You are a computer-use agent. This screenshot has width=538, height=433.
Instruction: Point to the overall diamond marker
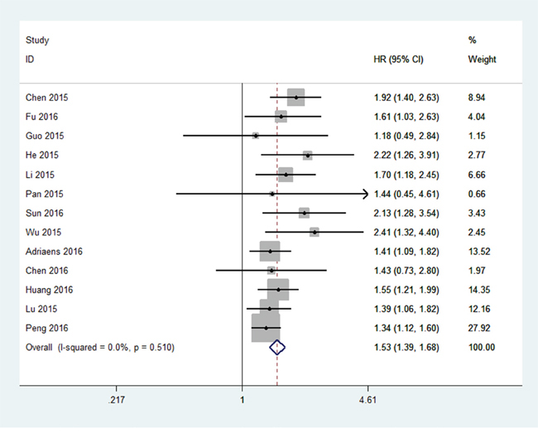pyautogui.click(x=277, y=348)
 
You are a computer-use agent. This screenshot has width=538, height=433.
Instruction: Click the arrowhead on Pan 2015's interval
pyautogui.click(x=364, y=194)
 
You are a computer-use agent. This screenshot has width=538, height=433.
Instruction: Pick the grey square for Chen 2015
pyautogui.click(x=295, y=97)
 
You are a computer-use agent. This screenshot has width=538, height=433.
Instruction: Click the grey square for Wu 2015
pyautogui.click(x=315, y=232)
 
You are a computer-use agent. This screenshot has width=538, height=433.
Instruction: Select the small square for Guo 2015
pyautogui.click(x=256, y=135)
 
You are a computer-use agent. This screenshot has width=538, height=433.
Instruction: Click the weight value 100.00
pyautogui.click(x=482, y=348)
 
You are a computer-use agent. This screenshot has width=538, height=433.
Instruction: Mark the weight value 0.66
pyautogui.click(x=477, y=194)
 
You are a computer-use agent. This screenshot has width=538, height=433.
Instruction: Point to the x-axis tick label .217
pyautogui.click(x=117, y=400)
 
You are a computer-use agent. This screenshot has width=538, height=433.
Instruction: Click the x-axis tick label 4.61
pyautogui.click(x=367, y=400)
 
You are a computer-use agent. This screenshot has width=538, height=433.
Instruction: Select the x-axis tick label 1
pyautogui.click(x=242, y=400)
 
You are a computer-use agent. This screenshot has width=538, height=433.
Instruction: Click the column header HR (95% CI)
pyautogui.click(x=399, y=60)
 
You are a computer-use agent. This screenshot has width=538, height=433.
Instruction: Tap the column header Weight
pyautogui.click(x=482, y=60)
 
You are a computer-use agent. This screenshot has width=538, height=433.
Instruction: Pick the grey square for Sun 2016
pyautogui.click(x=304, y=213)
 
